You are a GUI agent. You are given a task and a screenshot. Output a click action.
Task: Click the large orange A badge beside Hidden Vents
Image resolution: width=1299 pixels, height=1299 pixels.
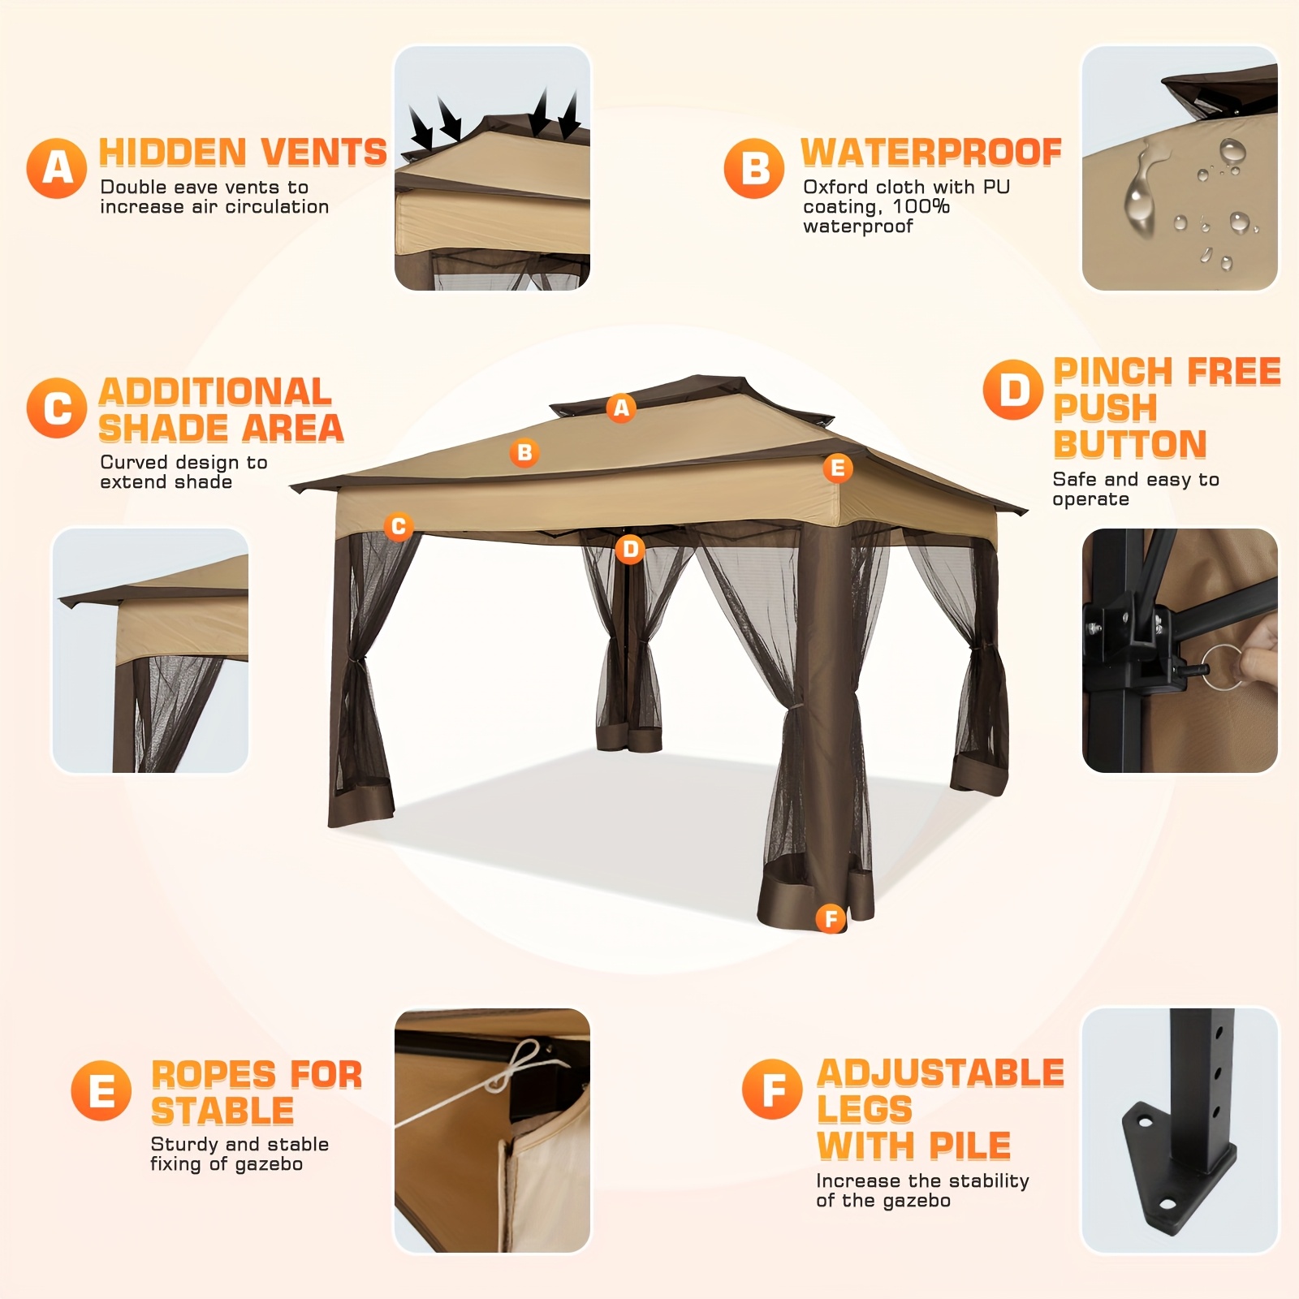click(x=56, y=168)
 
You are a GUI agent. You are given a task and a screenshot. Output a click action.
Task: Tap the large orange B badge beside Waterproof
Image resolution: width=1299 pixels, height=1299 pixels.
click(x=754, y=168)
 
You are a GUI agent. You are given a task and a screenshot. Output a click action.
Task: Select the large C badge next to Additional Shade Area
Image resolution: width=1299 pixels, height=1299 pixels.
click(x=56, y=408)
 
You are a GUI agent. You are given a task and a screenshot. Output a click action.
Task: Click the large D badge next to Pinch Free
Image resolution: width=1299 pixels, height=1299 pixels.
click(x=1012, y=390)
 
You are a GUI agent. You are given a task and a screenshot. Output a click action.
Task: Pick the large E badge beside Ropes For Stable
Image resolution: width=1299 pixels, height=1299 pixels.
click(x=101, y=1090)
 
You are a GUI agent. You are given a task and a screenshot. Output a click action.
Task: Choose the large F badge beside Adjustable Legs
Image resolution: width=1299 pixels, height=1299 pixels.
click(x=771, y=1089)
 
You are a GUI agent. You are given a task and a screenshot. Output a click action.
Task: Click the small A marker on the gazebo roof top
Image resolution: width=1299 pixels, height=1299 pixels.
click(x=621, y=408)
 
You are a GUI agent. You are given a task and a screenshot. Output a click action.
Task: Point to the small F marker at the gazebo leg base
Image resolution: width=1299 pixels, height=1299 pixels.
click(x=831, y=918)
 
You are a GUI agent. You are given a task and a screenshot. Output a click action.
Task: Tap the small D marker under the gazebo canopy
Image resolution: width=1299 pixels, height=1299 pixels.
click(x=630, y=550)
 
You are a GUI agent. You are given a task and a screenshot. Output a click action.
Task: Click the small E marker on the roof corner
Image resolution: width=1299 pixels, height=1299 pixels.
click(x=838, y=468)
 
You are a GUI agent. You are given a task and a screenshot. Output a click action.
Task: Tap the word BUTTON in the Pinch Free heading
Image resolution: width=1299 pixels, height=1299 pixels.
click(x=1130, y=444)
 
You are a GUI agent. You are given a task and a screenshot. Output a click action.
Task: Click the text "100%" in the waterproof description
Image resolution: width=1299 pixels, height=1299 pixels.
click(x=921, y=206)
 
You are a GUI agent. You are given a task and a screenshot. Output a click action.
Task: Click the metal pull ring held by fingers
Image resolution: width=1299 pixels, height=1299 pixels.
click(x=1224, y=667)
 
